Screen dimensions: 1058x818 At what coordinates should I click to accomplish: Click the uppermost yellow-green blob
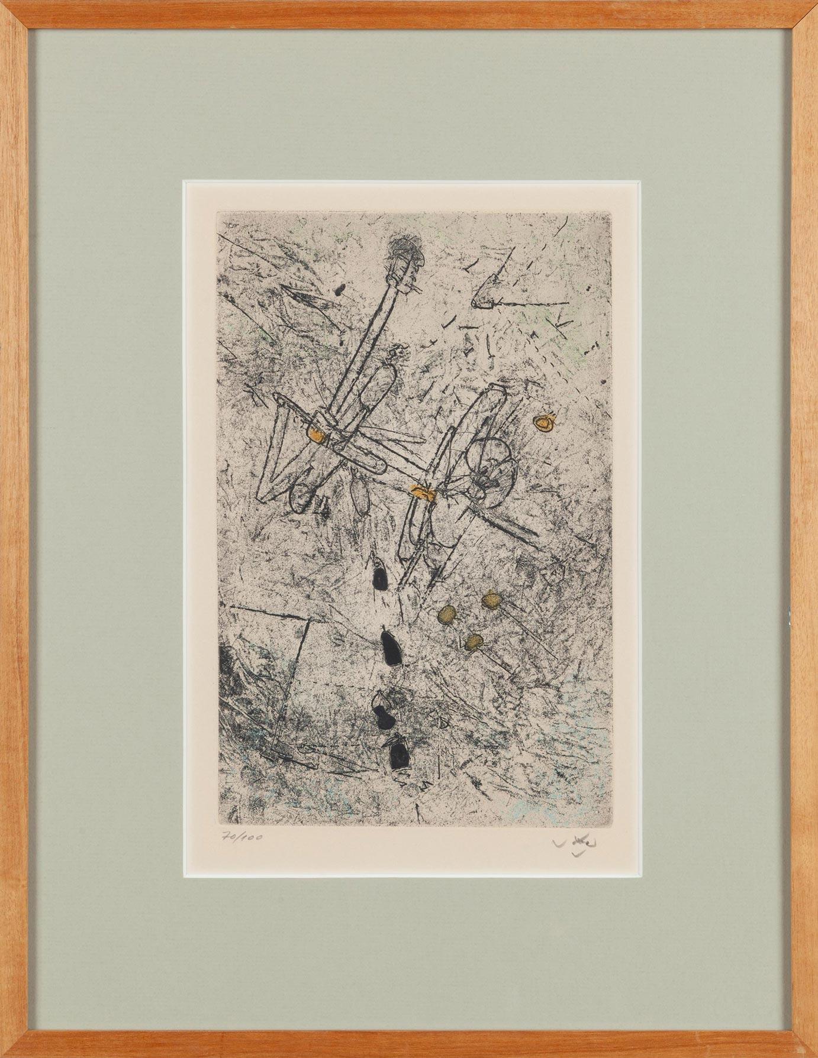point(490,601)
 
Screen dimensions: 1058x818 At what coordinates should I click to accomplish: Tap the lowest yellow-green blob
point(473,642)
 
